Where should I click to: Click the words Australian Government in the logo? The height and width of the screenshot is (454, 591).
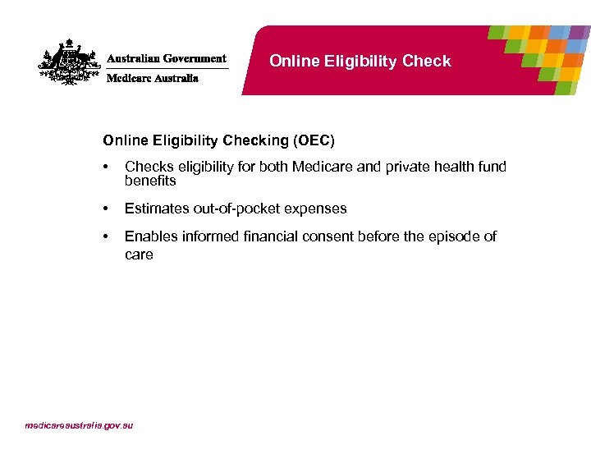167,59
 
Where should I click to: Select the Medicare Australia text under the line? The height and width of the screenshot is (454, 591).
153,79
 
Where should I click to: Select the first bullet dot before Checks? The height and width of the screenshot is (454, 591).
106,167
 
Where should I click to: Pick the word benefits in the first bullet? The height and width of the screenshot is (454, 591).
150,181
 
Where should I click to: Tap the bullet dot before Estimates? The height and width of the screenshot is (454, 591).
106,209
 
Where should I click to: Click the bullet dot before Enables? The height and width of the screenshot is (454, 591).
106,236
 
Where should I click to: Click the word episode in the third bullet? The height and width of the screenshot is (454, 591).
456,236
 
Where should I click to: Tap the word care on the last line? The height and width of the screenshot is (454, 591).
139,255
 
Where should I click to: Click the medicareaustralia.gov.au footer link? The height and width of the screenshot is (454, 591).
79,425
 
